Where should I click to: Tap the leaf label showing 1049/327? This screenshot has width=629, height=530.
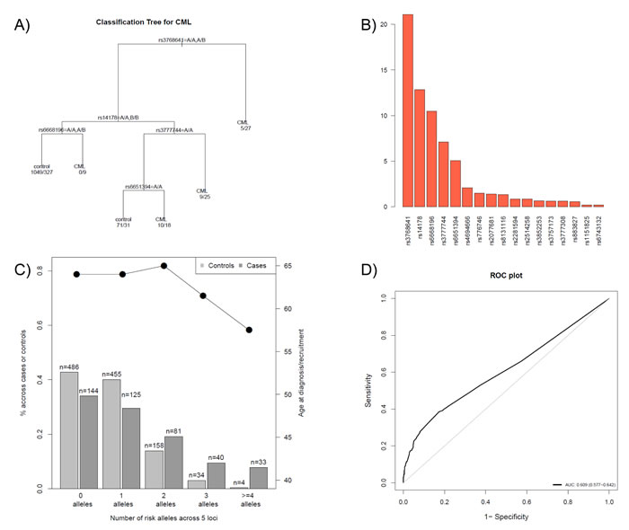point(41,172)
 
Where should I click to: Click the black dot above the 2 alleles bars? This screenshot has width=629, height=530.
point(164,266)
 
